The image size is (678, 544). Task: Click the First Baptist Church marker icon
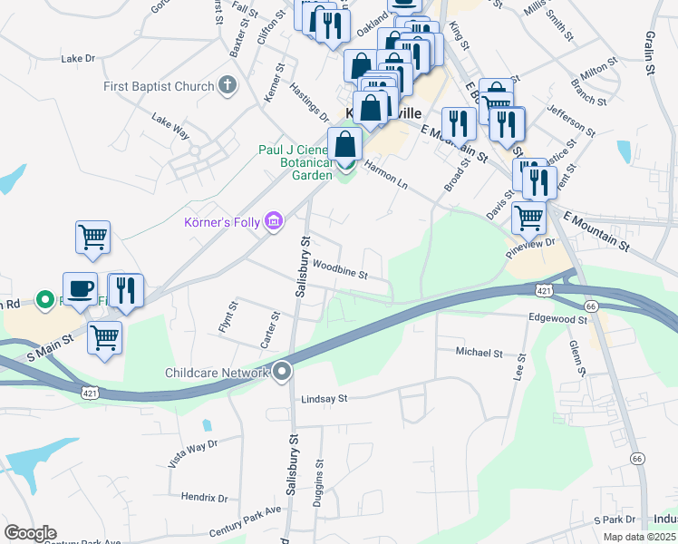(227, 87)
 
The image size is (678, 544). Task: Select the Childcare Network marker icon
(283, 372)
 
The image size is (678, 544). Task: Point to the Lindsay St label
(325, 398)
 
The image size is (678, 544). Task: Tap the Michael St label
(479, 351)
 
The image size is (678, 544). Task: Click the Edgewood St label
(559, 319)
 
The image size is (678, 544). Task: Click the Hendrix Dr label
(204, 498)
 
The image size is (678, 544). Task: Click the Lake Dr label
(78, 58)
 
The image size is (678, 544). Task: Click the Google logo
(30, 533)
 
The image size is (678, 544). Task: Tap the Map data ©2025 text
(636, 537)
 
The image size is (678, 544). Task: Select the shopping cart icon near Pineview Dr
(528, 217)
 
